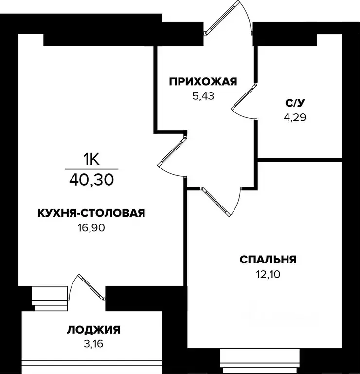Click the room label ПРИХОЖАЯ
point(203,81)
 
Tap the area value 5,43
point(203,95)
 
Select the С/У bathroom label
point(295,103)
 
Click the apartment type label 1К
point(91,159)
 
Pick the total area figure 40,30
point(91,180)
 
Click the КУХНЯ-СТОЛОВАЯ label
point(91,213)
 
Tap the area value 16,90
point(91,227)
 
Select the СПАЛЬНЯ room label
point(268,260)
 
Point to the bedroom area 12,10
point(268,274)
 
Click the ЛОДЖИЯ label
point(93,330)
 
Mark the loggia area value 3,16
point(93,344)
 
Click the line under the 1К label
point(91,168)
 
